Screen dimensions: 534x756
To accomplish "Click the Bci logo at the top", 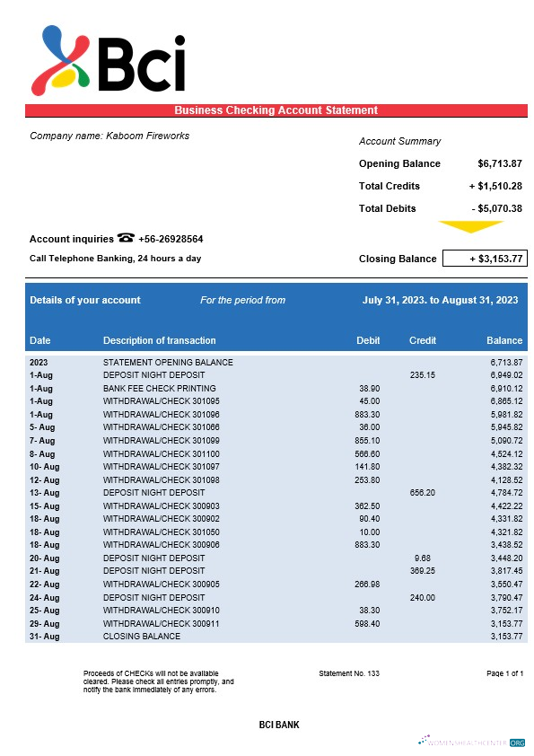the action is [x=108, y=58].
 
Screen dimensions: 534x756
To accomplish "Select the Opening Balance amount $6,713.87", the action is [x=500, y=163].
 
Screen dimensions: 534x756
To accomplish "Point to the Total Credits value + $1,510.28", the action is [x=495, y=186].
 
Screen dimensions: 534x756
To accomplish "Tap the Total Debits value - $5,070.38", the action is [x=496, y=208].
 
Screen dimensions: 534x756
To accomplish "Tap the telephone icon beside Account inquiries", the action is [x=126, y=238].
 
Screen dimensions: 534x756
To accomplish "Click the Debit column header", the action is [x=368, y=341].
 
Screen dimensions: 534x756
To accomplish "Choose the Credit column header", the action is [x=423, y=341].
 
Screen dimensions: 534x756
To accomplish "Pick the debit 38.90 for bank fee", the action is [x=369, y=388].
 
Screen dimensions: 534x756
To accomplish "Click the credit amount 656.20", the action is [x=423, y=493].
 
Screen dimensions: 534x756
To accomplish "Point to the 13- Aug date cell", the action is [x=44, y=493].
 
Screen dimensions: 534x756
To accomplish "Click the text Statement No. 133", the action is [x=349, y=673].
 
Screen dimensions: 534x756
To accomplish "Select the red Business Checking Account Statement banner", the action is [x=276, y=110].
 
